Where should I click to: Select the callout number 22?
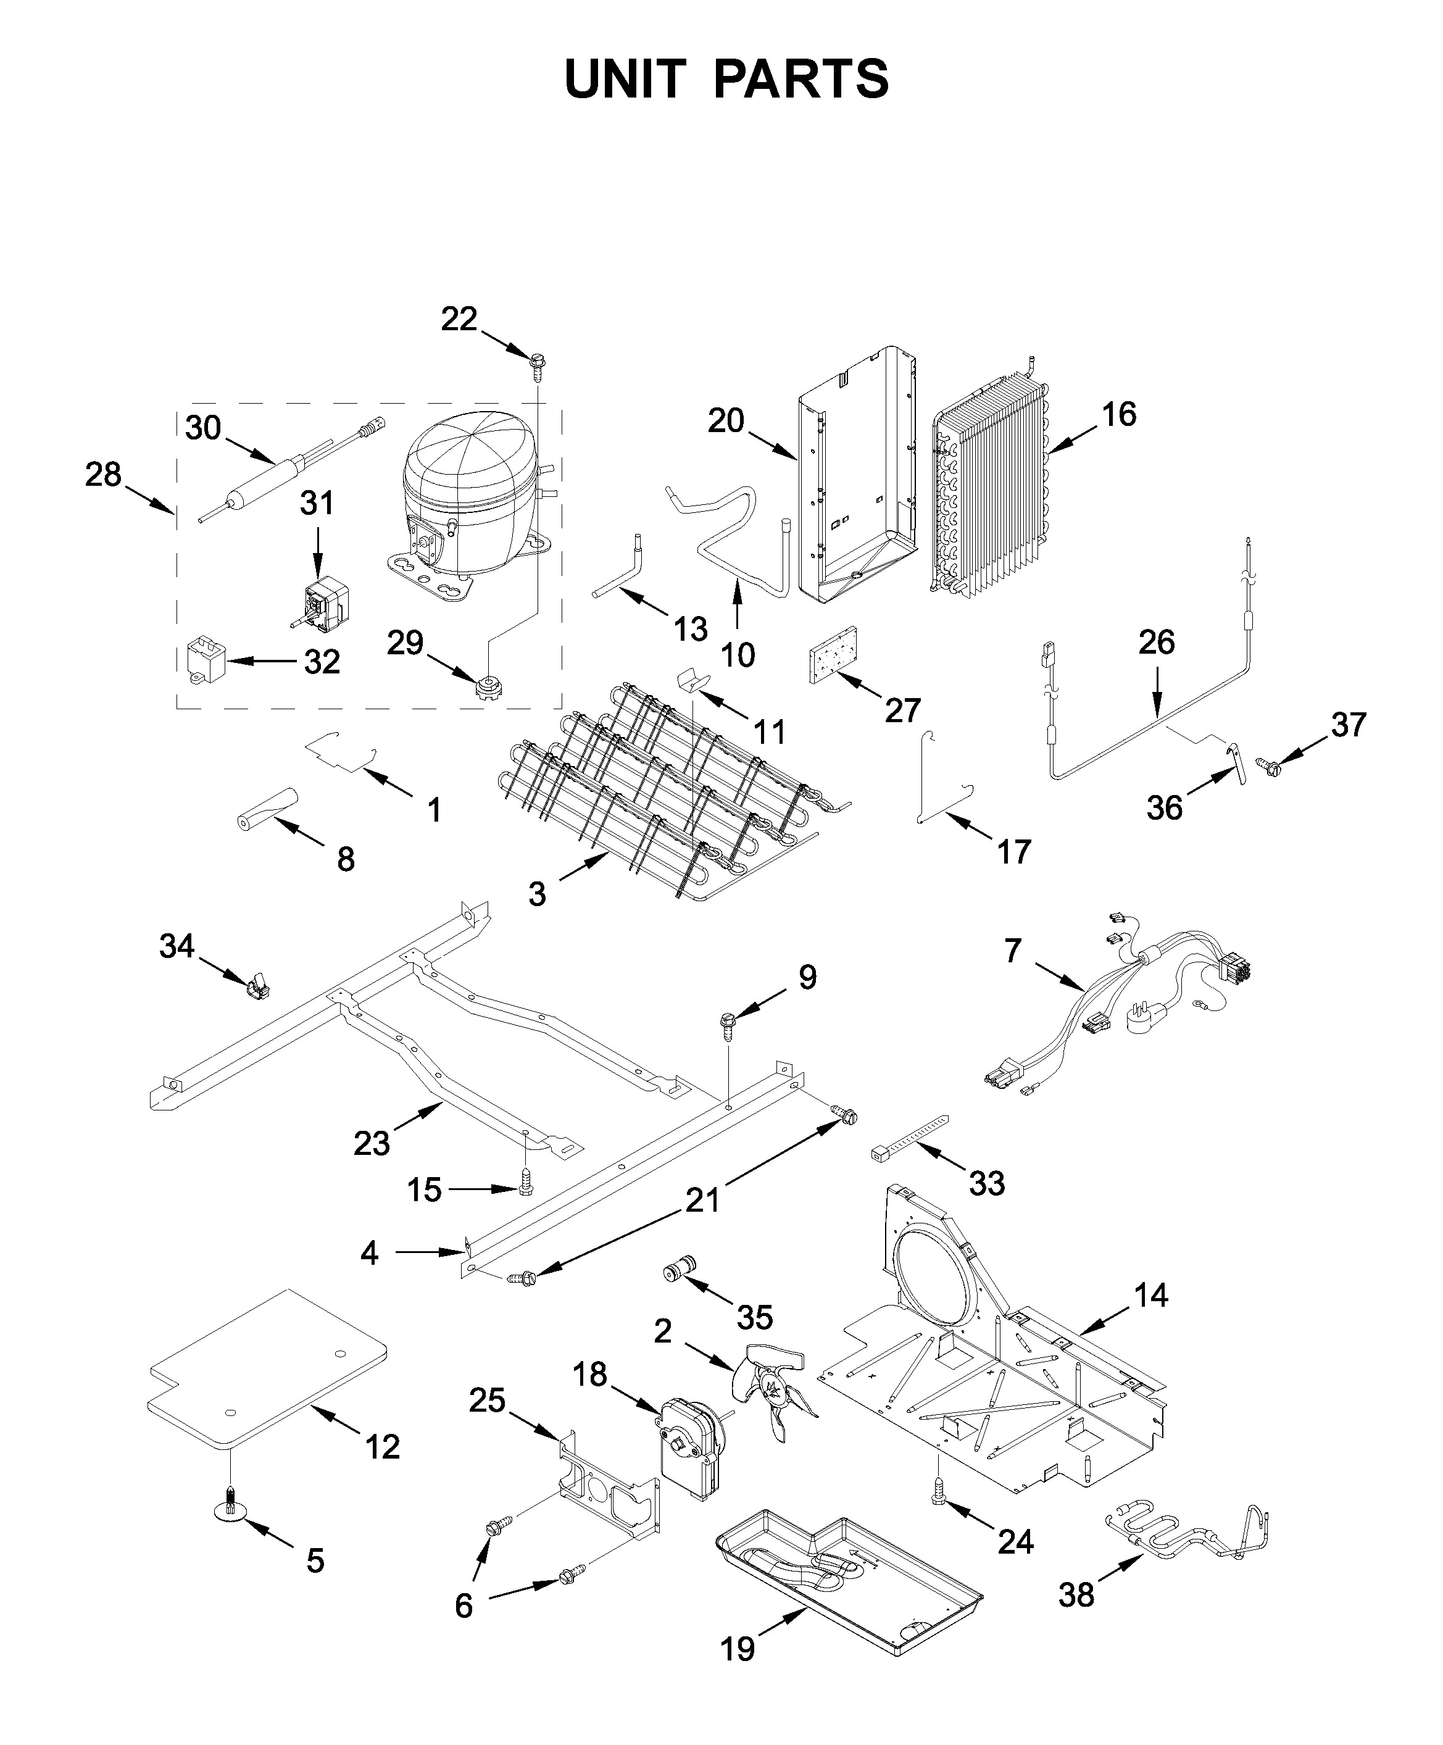[x=459, y=319]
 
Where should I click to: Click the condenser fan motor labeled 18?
[x=691, y=1443]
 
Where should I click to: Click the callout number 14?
[x=1150, y=1294]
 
